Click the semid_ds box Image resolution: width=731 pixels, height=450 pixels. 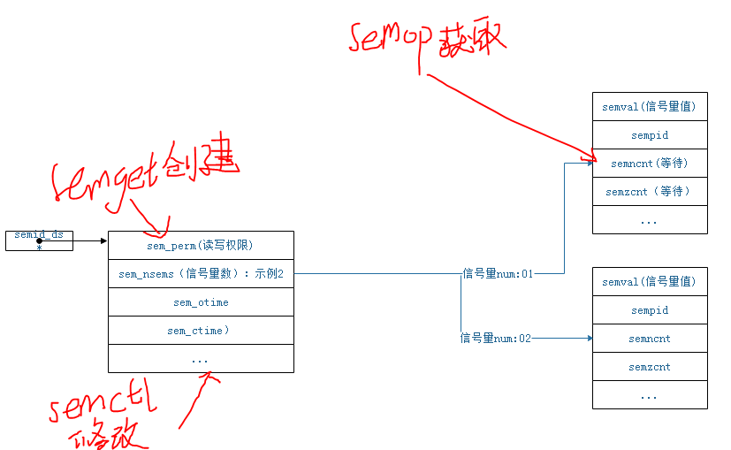(x=39, y=240)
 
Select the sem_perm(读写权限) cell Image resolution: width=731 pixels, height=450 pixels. (x=201, y=245)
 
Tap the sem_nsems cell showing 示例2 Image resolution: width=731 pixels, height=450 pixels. (x=201, y=274)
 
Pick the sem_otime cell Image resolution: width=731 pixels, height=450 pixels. (x=201, y=302)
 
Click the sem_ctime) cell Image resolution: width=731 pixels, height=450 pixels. (x=201, y=331)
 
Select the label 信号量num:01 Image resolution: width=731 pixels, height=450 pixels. (x=497, y=274)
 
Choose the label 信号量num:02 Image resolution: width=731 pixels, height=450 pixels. (x=496, y=338)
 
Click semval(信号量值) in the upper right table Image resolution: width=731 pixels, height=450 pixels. (x=649, y=107)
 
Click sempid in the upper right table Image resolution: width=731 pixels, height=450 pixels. (x=649, y=135)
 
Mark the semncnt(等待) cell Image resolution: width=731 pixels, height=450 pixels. (x=649, y=163)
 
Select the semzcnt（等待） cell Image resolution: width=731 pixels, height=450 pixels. (x=649, y=191)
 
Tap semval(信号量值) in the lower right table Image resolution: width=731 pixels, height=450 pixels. (x=649, y=282)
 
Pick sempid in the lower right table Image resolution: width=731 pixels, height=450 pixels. (x=649, y=310)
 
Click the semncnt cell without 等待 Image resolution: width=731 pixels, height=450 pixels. (x=649, y=339)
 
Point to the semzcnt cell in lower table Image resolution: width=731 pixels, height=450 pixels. (x=649, y=367)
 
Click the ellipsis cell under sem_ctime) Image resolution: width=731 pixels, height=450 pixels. (x=201, y=359)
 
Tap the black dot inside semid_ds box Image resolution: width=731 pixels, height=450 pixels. (x=39, y=240)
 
